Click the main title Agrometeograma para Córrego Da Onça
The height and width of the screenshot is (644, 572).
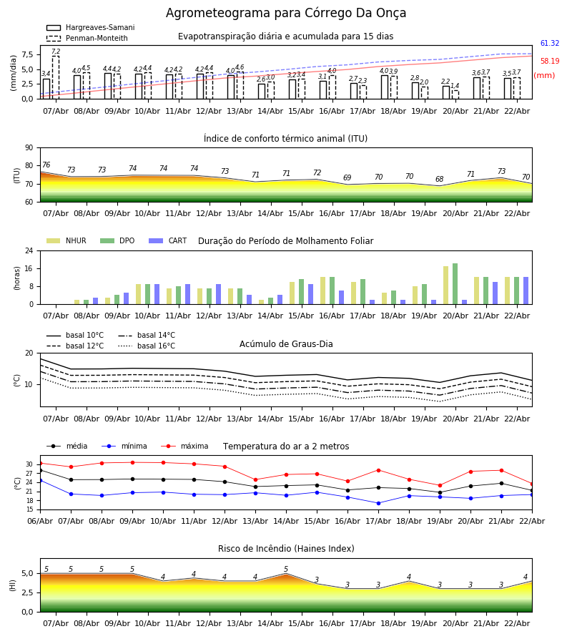coord(286,14)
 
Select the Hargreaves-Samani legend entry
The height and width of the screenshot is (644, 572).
coord(89,28)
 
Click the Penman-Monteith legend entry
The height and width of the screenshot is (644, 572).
coord(87,39)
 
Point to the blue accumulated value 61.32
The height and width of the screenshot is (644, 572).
coord(549,44)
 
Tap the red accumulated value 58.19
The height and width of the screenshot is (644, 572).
coord(549,62)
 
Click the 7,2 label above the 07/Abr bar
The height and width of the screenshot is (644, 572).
coord(56,52)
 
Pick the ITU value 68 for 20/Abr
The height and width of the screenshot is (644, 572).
coord(439,180)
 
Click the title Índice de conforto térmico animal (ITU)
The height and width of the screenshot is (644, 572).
coord(286,139)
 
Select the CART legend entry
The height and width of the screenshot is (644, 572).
coord(167,241)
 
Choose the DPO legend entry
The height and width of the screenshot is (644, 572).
coord(118,241)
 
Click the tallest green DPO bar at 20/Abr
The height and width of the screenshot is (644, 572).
coord(455,283)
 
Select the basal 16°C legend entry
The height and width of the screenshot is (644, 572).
coord(146,346)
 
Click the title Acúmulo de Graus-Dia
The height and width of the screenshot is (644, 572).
coord(286,344)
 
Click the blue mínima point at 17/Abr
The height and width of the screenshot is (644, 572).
coord(378,503)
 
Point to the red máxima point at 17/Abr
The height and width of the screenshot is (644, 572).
coord(378,470)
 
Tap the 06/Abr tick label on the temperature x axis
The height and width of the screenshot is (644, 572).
coord(40,520)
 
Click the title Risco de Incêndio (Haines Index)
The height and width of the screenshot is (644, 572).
coord(286,549)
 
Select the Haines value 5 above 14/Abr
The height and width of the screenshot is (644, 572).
coord(286,570)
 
